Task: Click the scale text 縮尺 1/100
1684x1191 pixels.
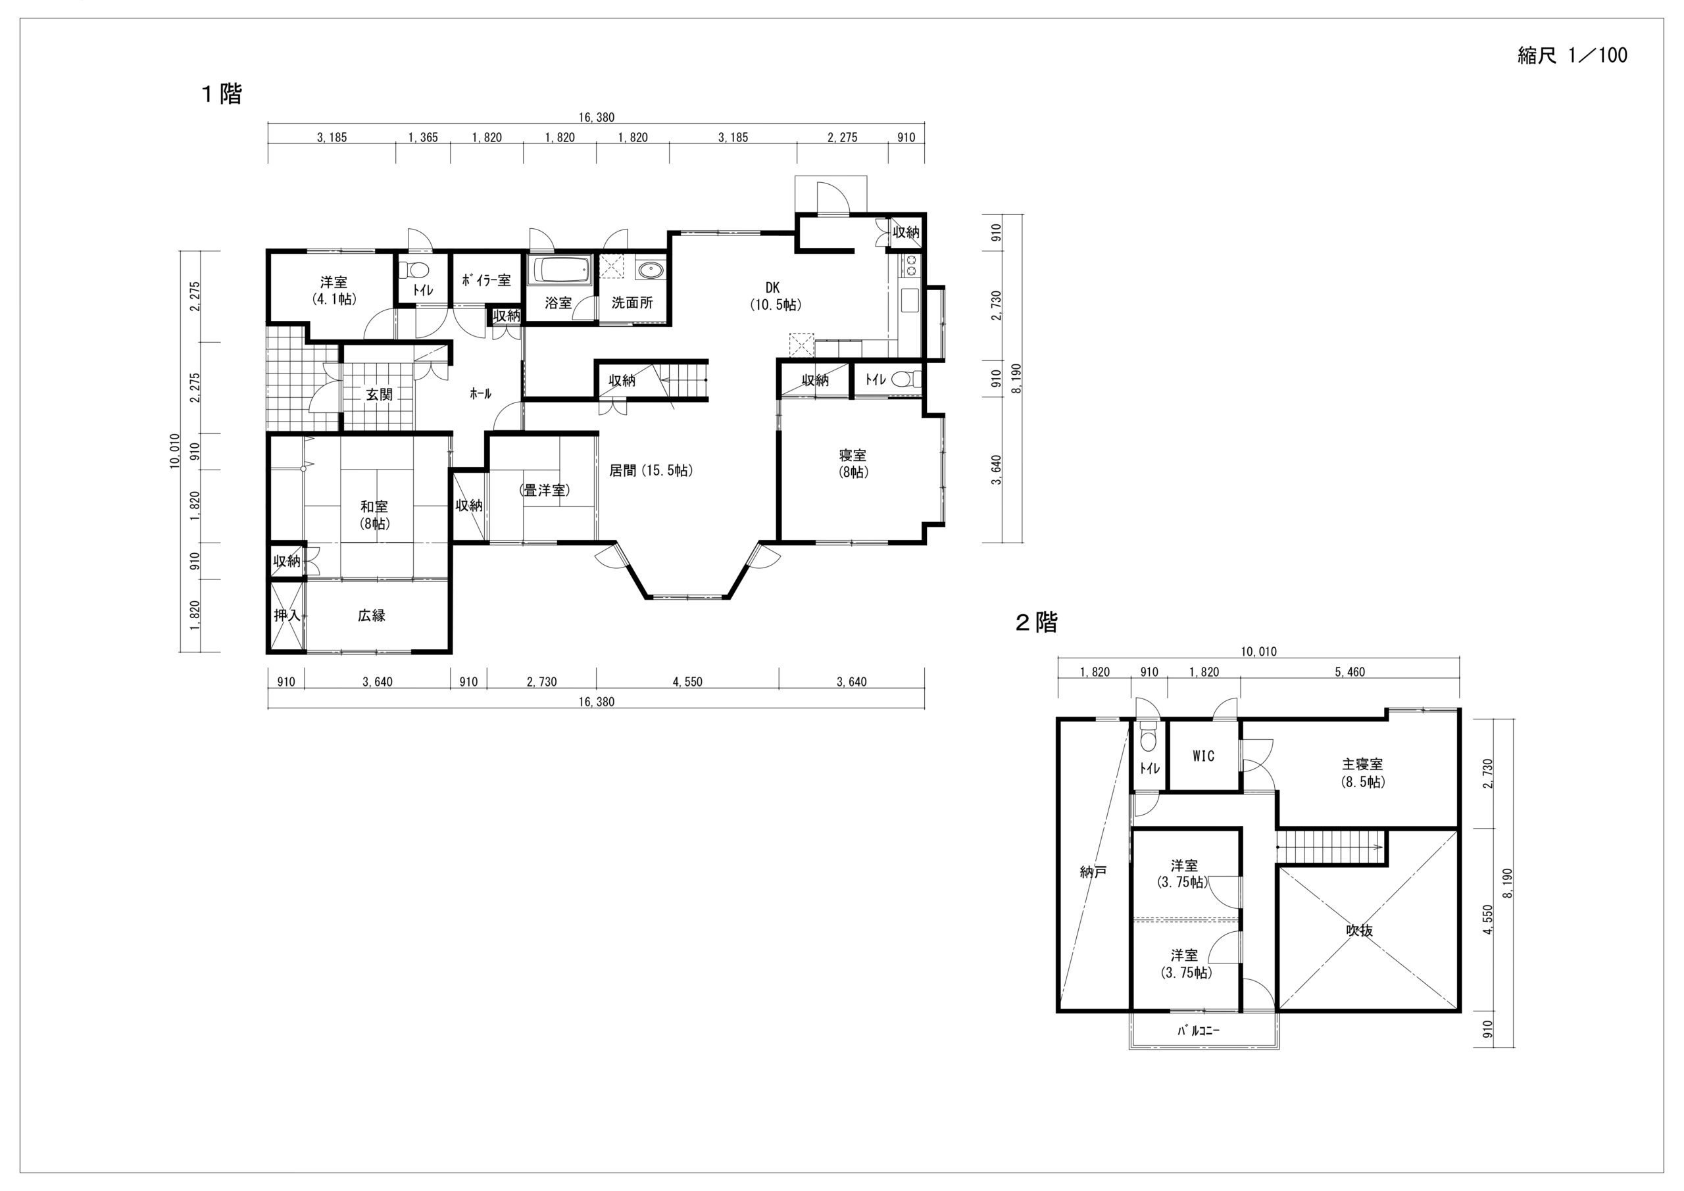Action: point(1572,56)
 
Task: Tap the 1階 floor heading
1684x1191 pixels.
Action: point(222,94)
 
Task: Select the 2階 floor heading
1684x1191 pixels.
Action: point(1036,623)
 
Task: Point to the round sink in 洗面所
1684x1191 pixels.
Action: point(650,270)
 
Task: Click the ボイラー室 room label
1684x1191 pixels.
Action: point(486,280)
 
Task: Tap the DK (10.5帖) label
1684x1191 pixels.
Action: point(774,297)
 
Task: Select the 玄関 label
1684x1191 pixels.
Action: point(379,395)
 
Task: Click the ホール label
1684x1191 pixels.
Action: point(480,394)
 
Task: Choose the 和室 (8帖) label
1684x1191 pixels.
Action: point(374,515)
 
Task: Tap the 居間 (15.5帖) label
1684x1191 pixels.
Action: point(651,471)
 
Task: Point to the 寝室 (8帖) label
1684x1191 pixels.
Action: point(854,464)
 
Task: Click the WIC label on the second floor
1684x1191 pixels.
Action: point(1204,756)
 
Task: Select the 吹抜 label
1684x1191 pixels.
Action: point(1360,931)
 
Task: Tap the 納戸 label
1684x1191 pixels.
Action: point(1093,872)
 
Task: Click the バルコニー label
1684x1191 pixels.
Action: point(1199,1031)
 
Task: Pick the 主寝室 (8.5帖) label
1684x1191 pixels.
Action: point(1362,773)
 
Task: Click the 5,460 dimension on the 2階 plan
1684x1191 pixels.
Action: point(1350,671)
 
